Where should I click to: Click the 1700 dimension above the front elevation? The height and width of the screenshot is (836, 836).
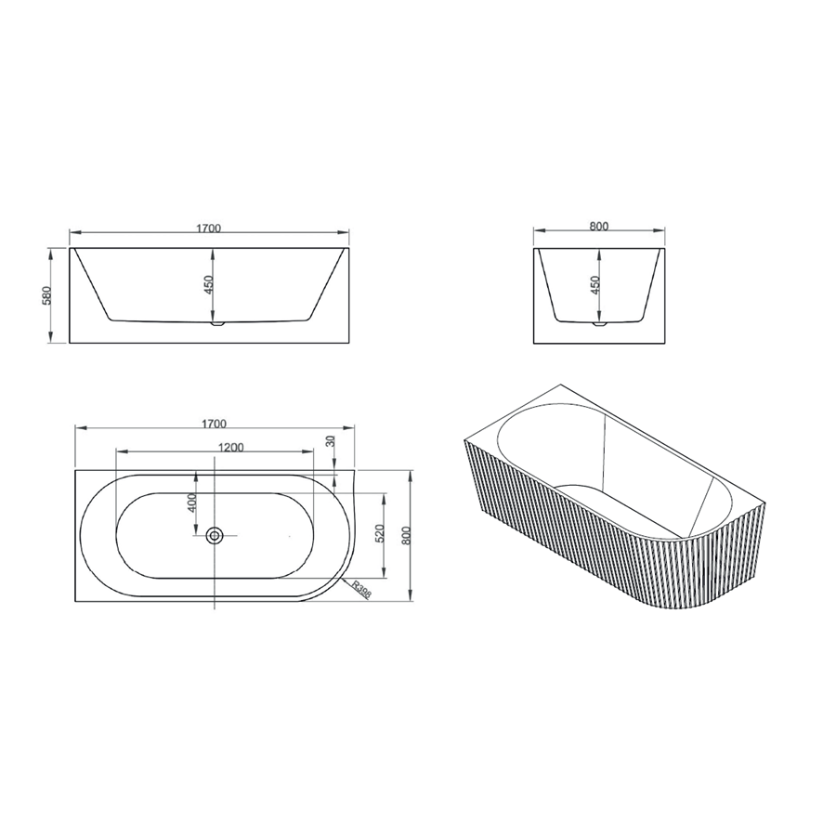point(208,229)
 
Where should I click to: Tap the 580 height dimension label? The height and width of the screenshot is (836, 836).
point(47,296)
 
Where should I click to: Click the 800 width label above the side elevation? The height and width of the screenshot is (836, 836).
point(599,226)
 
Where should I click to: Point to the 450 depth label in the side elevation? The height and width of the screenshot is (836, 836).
point(595,284)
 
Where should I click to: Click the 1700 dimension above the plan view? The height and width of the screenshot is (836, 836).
point(214,424)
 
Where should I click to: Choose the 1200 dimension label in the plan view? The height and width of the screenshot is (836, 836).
point(231,448)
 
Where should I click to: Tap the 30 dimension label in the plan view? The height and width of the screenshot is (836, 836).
point(330,441)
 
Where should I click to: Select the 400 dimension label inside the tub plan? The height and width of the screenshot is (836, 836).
point(192,503)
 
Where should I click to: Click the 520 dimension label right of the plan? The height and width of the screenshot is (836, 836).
point(380,533)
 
